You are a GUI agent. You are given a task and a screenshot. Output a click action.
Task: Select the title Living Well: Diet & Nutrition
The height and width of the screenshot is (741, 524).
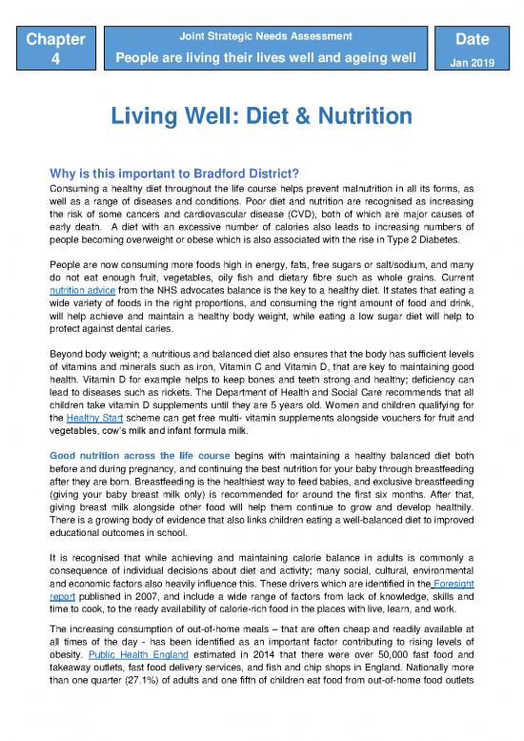pyautogui.click(x=262, y=117)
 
